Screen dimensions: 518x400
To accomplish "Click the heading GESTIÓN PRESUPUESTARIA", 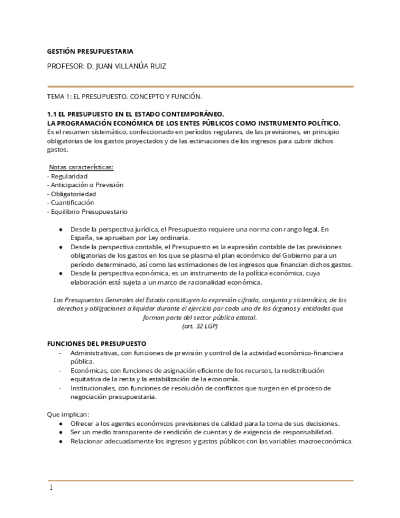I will (x=90, y=51).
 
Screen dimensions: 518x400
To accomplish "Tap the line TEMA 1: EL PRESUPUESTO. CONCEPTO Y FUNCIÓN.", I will (x=125, y=97).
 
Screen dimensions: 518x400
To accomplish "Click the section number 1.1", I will (x=53, y=114).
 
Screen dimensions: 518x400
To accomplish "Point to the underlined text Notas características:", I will (x=81, y=167).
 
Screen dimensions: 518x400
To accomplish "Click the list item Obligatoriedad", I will (x=72, y=194).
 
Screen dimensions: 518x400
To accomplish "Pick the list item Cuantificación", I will (x=71, y=202).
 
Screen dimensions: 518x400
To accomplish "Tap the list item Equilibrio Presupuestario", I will (x=87, y=211).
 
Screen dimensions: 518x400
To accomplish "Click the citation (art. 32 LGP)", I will (x=200, y=326).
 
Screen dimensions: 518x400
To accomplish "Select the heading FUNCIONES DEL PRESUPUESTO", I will (x=96, y=344).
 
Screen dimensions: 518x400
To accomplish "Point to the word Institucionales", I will (x=90, y=388).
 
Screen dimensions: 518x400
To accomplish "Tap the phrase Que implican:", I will (x=68, y=414).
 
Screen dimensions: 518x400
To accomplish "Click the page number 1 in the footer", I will (x=51, y=487).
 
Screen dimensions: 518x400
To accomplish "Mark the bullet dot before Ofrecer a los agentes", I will (x=60, y=423).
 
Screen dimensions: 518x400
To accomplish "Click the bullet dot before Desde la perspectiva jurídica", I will (x=60, y=229).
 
